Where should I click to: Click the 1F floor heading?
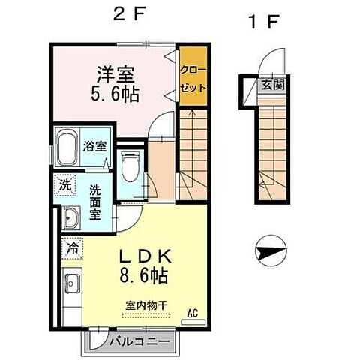coord(262,21)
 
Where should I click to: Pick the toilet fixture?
coord(129,165)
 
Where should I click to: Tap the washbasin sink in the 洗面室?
coord(72,218)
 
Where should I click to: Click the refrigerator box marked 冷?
coord(73,247)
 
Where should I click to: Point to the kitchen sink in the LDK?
coord(73,284)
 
